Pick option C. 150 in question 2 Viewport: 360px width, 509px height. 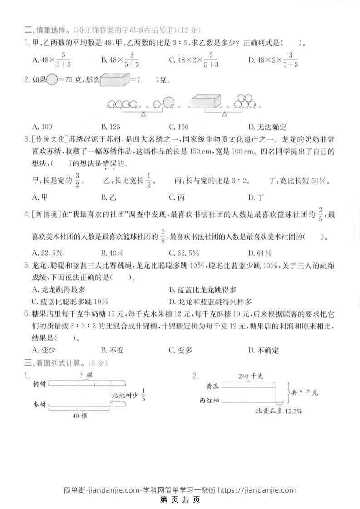(x=178, y=127)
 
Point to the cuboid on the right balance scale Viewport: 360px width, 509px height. (x=206, y=101)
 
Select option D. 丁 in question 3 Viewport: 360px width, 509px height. (x=256, y=197)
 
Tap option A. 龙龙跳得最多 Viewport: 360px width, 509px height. (x=59, y=289)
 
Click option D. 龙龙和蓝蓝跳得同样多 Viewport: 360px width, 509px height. (x=210, y=301)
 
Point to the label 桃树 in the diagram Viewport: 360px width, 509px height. (x=40, y=383)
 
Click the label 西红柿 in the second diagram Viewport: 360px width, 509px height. (x=209, y=400)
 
